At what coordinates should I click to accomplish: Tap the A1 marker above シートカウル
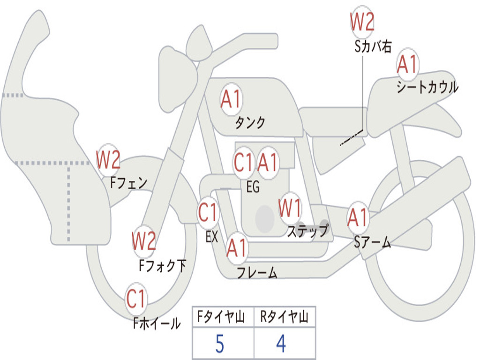pyautogui.click(x=407, y=64)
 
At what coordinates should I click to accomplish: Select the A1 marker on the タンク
pyautogui.click(x=231, y=99)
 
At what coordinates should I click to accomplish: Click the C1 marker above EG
pyautogui.click(x=243, y=162)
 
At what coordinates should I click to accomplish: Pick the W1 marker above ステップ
pyautogui.click(x=290, y=208)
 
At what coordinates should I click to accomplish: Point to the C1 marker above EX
pyautogui.click(x=208, y=212)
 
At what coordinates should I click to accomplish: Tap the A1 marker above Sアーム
pyautogui.click(x=357, y=217)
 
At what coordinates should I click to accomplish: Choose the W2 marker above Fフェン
pyautogui.click(x=108, y=159)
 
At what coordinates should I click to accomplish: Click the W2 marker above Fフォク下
pyautogui.click(x=144, y=240)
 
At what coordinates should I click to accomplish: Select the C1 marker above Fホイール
pyautogui.click(x=135, y=298)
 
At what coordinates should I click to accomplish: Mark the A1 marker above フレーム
pyautogui.click(x=237, y=247)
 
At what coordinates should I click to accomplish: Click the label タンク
pyautogui.click(x=250, y=122)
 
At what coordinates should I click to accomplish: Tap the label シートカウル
pyautogui.click(x=427, y=86)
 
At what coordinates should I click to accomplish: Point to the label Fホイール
pyautogui.click(x=157, y=322)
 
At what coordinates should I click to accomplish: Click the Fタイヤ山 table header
pyautogui.click(x=221, y=316)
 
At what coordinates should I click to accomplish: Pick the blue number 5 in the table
pyautogui.click(x=220, y=344)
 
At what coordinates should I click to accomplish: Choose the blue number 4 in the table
pyautogui.click(x=281, y=344)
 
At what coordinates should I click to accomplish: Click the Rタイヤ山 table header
pyautogui.click(x=285, y=316)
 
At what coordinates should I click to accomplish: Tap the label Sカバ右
pyautogui.click(x=373, y=46)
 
